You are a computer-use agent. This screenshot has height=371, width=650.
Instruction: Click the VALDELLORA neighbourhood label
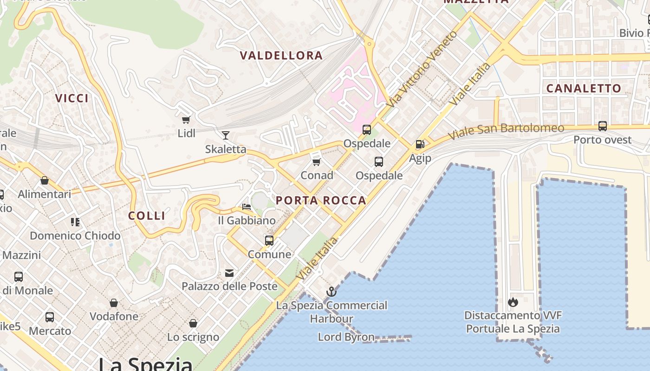(281, 56)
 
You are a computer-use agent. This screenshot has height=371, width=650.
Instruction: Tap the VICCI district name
(72, 98)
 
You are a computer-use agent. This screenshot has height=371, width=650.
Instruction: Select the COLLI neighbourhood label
(147, 216)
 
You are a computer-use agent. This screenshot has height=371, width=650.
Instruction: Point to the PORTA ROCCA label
(321, 201)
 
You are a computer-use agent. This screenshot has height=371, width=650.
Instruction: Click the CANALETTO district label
(584, 89)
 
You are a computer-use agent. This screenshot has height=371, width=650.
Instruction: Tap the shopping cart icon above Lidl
(186, 120)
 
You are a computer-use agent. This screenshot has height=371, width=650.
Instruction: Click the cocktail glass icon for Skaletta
(226, 135)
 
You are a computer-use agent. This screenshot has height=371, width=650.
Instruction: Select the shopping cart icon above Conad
(317, 162)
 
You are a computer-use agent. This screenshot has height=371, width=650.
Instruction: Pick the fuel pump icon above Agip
(420, 144)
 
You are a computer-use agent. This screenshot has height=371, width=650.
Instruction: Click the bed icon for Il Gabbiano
(247, 207)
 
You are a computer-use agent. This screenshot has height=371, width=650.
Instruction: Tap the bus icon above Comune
(269, 241)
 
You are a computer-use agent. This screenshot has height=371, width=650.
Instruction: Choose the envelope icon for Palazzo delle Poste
(229, 273)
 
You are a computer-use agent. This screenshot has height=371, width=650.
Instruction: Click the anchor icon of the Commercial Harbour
(331, 292)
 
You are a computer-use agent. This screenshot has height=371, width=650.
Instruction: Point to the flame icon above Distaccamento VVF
(513, 302)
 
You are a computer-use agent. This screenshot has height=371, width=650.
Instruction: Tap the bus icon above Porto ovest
(602, 126)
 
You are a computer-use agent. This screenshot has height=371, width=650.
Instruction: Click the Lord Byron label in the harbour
(346, 337)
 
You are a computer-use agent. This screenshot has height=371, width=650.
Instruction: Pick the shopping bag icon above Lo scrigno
(193, 323)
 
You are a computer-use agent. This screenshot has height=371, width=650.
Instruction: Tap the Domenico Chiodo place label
(75, 236)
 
